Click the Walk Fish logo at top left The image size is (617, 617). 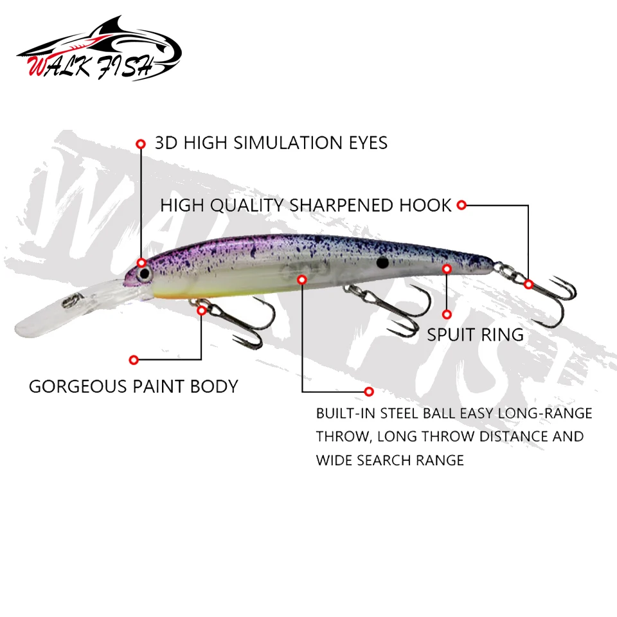tap(99, 49)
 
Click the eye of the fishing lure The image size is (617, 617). tap(145, 273)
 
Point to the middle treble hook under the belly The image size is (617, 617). tap(388, 309)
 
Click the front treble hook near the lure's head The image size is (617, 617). tap(232, 321)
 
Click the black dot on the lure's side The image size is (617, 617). tap(382, 262)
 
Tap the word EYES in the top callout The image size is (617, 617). tap(368, 143)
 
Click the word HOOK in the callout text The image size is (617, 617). tap(425, 206)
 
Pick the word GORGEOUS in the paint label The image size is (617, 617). tap(78, 386)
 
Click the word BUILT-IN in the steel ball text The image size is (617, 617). tap(346, 413)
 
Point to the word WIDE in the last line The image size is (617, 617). tap(334, 460)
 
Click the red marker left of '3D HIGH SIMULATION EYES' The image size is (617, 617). tap(141, 144)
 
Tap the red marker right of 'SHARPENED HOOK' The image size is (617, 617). tap(461, 205)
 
